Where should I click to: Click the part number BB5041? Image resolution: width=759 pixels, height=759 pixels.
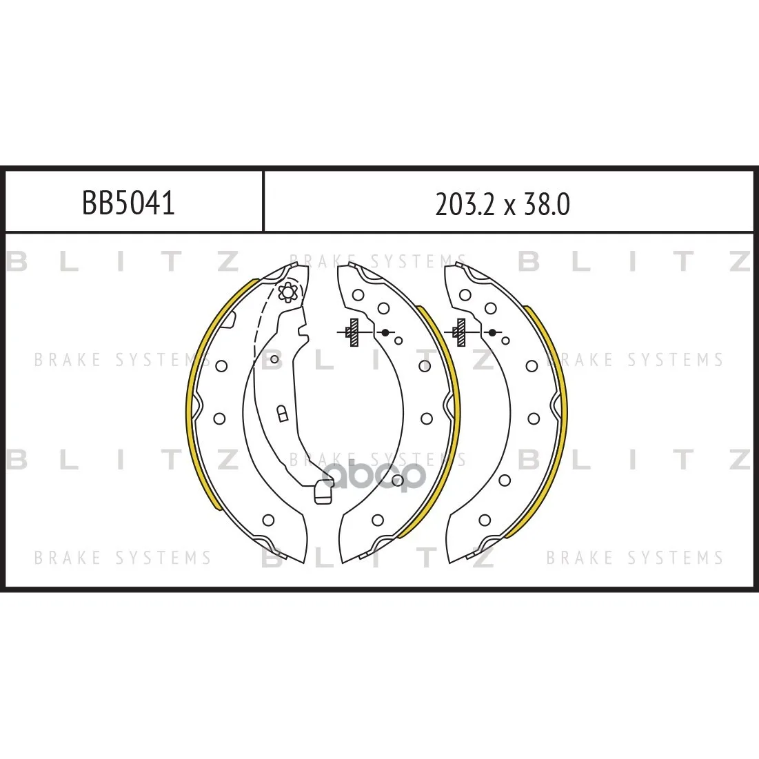128,203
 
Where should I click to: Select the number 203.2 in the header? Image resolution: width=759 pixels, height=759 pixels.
465,204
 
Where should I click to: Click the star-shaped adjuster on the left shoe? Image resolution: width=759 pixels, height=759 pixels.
287,292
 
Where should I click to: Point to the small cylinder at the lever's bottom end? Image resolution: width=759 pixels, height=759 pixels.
323,492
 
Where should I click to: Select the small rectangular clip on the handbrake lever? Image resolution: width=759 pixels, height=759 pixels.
282,414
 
